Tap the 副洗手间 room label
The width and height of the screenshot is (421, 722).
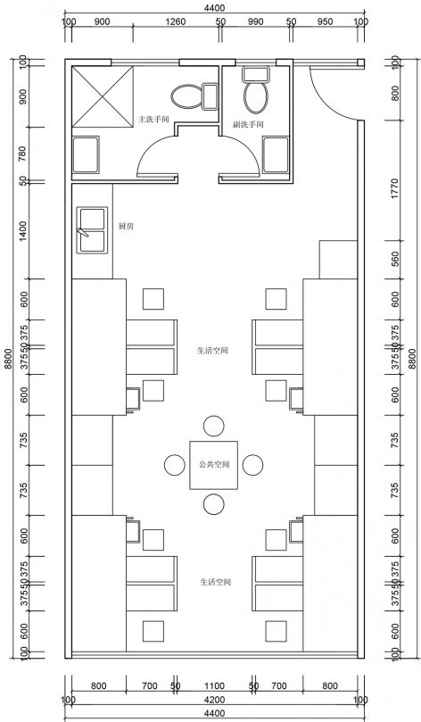pyautogui.click(x=249, y=124)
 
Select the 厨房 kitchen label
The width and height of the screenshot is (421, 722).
pyautogui.click(x=126, y=227)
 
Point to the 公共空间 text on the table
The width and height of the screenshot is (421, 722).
pyautogui.click(x=213, y=465)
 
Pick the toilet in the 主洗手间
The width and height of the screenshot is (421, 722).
pyautogui.click(x=186, y=95)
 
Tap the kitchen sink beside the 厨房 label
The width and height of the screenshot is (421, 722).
pyautogui.click(x=91, y=228)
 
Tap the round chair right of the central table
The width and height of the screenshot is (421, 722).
pyautogui.click(x=253, y=465)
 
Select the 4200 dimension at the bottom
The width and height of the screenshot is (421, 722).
pyautogui.click(x=213, y=701)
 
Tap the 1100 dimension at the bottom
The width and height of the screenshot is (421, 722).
pyautogui.click(x=213, y=686)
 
